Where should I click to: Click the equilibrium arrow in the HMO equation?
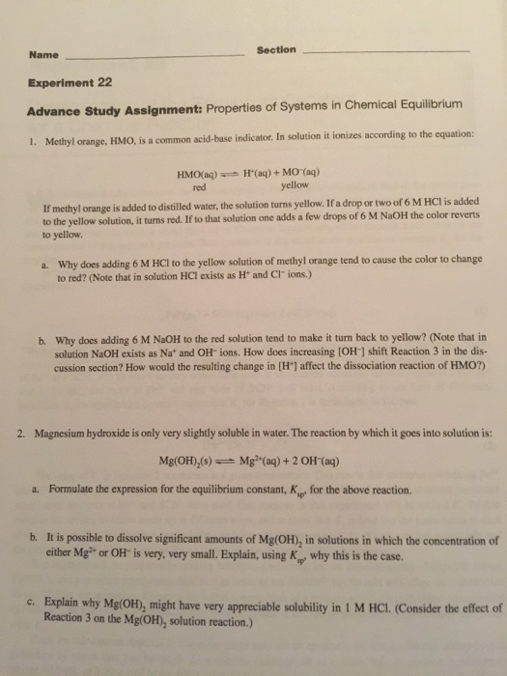pyautogui.click(x=235, y=176)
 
